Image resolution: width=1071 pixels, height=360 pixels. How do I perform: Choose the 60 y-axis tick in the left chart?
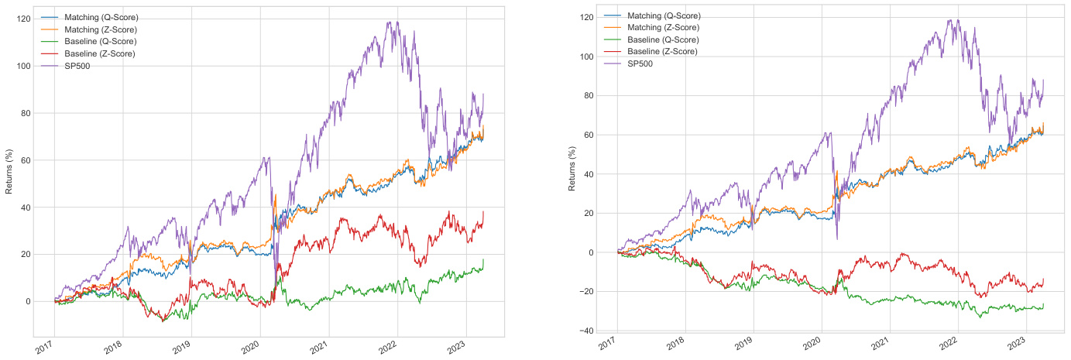(x=23, y=160)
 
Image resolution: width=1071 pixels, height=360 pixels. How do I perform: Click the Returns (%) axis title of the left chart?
(x=9, y=174)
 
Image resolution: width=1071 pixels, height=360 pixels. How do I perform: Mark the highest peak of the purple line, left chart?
(x=397, y=22)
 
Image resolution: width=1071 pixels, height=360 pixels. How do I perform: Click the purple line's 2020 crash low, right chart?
(x=836, y=238)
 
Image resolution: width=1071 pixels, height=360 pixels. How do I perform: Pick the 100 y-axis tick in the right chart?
(x=585, y=57)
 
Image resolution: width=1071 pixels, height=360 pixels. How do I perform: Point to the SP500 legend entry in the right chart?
(x=640, y=63)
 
